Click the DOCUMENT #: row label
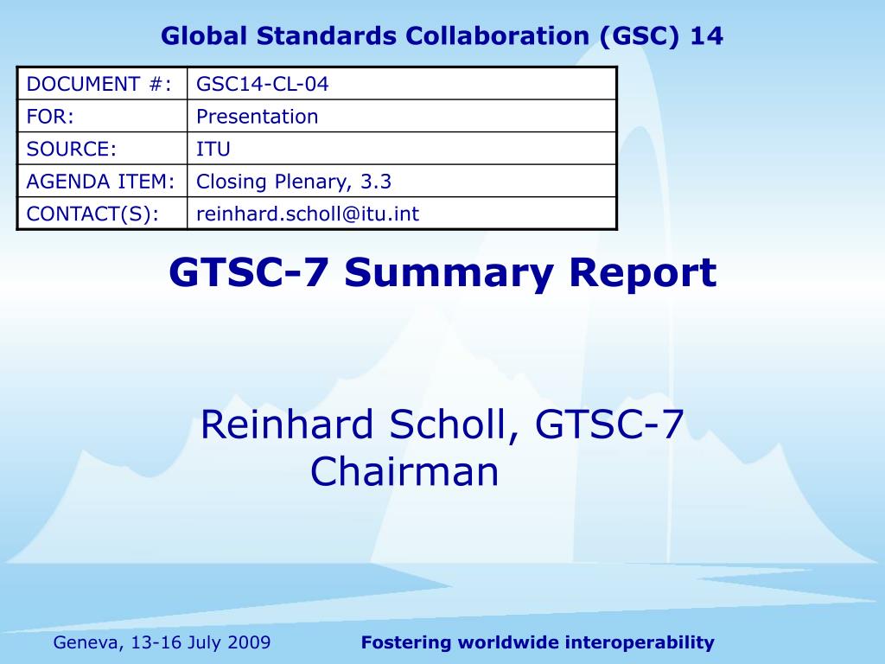coord(99,84)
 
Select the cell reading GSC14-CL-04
coord(263,84)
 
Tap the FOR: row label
coord(50,117)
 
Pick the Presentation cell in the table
coord(258,117)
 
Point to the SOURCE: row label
coord(71,149)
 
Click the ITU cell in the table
coord(213,149)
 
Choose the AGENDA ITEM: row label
coord(100,182)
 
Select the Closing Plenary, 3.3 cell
coord(294,182)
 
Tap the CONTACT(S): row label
coord(92,214)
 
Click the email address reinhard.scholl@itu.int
coord(308,214)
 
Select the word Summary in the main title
coord(449,273)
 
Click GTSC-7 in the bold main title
coord(248,272)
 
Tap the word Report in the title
coord(643,273)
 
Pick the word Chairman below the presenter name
coord(404,471)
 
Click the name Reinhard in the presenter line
coord(287,424)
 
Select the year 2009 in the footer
coord(250,642)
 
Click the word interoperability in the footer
coord(640,642)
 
